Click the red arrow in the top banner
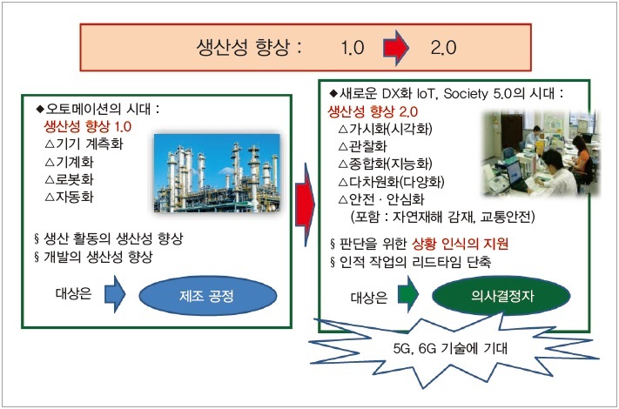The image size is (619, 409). pos(396,48)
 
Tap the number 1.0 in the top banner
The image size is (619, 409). pos(353,48)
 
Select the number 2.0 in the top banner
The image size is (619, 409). pos(443,48)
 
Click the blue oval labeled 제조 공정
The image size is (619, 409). pos(208,295)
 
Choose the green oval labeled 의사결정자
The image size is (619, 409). pos(501,295)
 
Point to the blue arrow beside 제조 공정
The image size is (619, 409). pos(115,294)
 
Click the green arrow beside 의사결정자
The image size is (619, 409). pos(407,294)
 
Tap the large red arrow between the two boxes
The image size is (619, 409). pos(306,204)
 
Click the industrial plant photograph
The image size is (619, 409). pos(217,173)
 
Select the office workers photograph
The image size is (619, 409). pos(541,153)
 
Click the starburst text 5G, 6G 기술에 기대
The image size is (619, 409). pos(450,348)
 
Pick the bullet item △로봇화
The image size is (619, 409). pos(70,179)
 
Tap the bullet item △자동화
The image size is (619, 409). pos(70,197)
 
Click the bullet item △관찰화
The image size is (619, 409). pos(363,146)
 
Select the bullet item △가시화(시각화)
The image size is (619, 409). pos(386,129)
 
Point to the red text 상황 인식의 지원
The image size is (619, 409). pos(460,245)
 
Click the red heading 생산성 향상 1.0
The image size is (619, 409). pos(87,126)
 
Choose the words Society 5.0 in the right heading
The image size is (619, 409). pos(478,94)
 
